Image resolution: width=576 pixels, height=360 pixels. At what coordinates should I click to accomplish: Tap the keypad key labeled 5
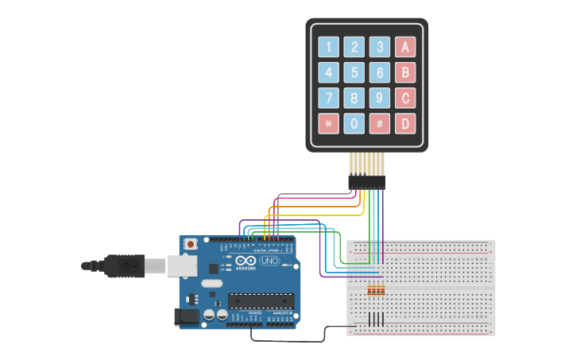point(354,73)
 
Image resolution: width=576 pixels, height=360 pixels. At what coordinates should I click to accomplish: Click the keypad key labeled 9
point(380,99)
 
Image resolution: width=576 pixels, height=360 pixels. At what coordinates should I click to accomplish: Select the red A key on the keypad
point(405,48)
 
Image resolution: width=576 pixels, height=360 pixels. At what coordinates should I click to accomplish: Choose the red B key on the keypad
point(405,73)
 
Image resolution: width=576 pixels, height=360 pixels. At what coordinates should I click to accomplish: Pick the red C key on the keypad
point(405,99)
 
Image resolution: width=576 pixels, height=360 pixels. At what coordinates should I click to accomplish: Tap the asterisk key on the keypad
point(329,124)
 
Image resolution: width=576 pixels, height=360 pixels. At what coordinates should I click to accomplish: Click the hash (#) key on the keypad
point(380,124)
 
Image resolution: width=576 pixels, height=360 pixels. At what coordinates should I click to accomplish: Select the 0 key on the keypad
point(354,124)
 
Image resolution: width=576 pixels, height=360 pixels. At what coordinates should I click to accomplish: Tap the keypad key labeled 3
point(380,48)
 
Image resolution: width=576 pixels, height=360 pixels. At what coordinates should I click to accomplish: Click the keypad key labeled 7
point(329,99)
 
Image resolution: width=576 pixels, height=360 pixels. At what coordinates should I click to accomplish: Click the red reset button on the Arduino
point(191,244)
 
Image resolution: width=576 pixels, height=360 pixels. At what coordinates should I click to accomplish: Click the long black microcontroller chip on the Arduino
point(261,300)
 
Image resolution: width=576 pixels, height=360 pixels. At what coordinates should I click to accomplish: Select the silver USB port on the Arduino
point(182,265)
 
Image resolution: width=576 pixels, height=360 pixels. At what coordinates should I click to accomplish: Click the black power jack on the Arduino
point(187,316)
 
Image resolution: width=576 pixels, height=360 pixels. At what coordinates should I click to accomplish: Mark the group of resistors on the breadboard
point(376,291)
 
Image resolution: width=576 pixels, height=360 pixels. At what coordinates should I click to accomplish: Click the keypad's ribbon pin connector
point(366,182)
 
